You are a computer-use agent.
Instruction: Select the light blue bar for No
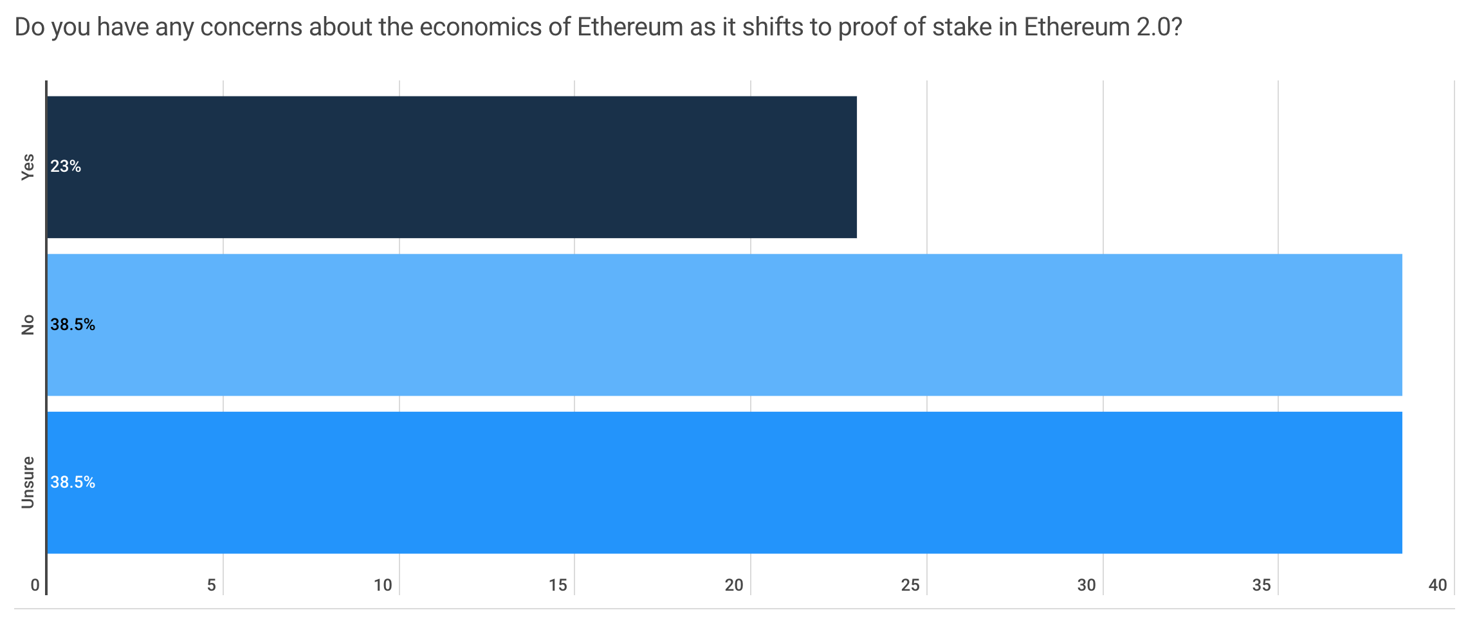click(x=724, y=324)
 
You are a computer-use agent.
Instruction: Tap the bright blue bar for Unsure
click(x=724, y=482)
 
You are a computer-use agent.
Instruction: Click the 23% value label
click(x=66, y=167)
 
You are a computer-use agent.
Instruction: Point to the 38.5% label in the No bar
click(x=73, y=325)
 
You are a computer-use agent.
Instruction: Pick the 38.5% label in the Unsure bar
click(x=73, y=483)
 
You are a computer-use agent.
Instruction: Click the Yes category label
click(x=28, y=167)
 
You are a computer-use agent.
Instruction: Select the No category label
click(x=28, y=325)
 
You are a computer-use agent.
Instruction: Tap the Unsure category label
click(x=28, y=482)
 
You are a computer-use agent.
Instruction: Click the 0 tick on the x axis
click(x=35, y=585)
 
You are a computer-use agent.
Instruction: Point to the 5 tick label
click(x=211, y=585)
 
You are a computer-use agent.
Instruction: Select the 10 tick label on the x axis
click(x=383, y=585)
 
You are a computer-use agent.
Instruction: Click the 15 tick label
click(x=558, y=585)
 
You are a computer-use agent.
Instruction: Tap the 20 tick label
click(x=734, y=585)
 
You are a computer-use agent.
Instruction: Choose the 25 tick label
click(x=910, y=585)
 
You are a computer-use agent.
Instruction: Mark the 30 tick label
click(x=1087, y=585)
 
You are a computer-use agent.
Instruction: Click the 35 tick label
click(x=1262, y=585)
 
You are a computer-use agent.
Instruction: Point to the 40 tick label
click(x=1438, y=585)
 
